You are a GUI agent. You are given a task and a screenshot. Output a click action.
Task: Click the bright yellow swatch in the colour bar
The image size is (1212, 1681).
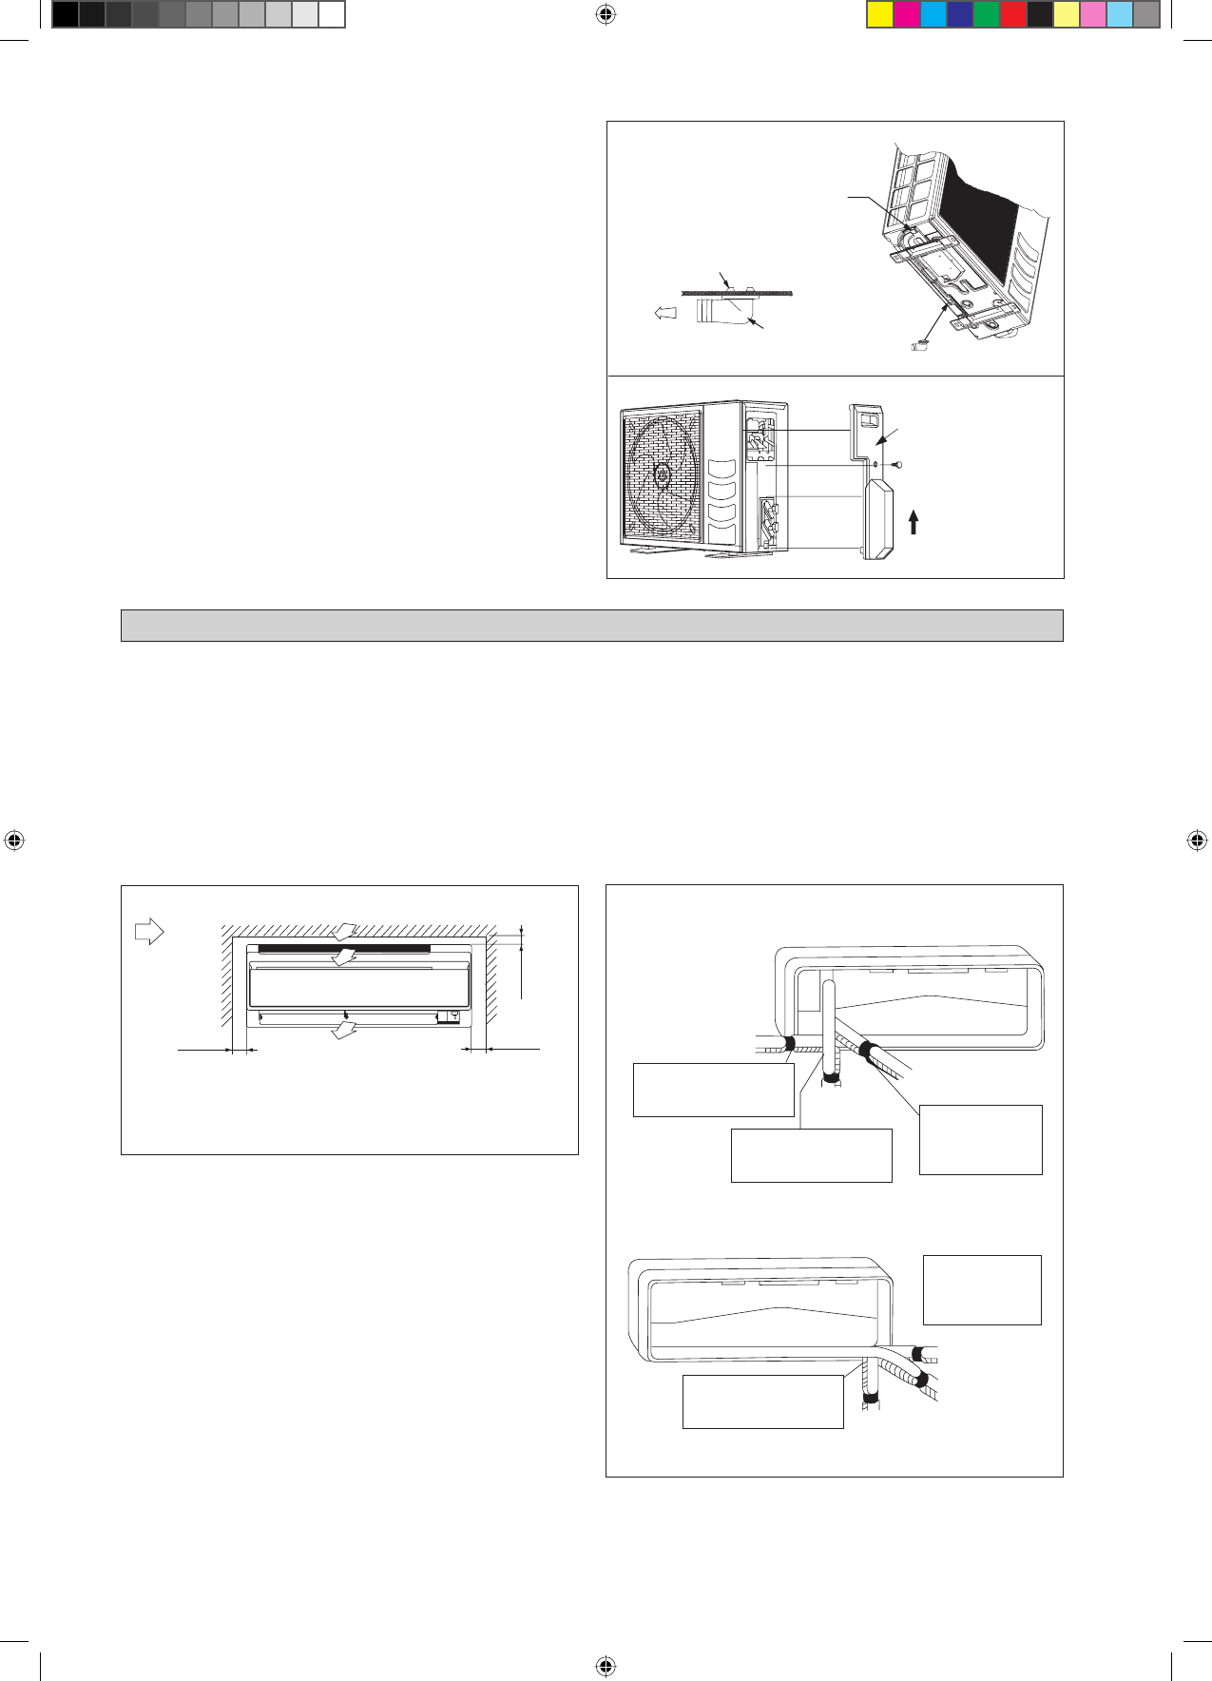880,14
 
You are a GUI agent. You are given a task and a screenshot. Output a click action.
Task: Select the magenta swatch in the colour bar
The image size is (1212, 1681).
907,14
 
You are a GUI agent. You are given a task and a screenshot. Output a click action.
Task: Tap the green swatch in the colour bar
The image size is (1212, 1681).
987,14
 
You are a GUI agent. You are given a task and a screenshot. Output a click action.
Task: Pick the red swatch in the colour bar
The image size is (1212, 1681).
1013,14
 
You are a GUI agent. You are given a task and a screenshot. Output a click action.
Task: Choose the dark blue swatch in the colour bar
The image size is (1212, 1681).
960,14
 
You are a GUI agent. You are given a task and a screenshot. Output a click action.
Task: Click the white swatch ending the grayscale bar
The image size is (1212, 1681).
331,14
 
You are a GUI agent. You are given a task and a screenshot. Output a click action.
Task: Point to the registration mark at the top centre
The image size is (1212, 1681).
606,14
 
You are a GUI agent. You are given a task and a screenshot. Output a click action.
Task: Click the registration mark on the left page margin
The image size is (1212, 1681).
14,840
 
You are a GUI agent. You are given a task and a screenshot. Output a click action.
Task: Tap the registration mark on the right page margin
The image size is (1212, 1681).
1197,840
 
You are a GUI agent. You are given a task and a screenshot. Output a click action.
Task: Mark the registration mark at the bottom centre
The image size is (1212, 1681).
606,1666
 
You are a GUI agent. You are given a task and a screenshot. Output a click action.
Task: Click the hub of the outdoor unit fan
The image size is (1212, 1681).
662,472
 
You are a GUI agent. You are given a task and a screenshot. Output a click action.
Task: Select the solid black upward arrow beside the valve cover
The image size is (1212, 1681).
914,522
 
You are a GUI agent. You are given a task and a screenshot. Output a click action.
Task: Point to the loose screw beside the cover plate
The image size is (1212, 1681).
897,466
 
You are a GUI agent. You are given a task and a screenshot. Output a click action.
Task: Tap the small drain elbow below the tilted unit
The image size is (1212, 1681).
918,346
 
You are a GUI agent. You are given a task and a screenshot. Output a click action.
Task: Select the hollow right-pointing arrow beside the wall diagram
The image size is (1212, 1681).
149,932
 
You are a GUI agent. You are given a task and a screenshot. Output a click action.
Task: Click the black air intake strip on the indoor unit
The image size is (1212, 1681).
344,949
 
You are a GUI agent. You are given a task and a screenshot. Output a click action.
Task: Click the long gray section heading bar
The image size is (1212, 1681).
591,626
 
